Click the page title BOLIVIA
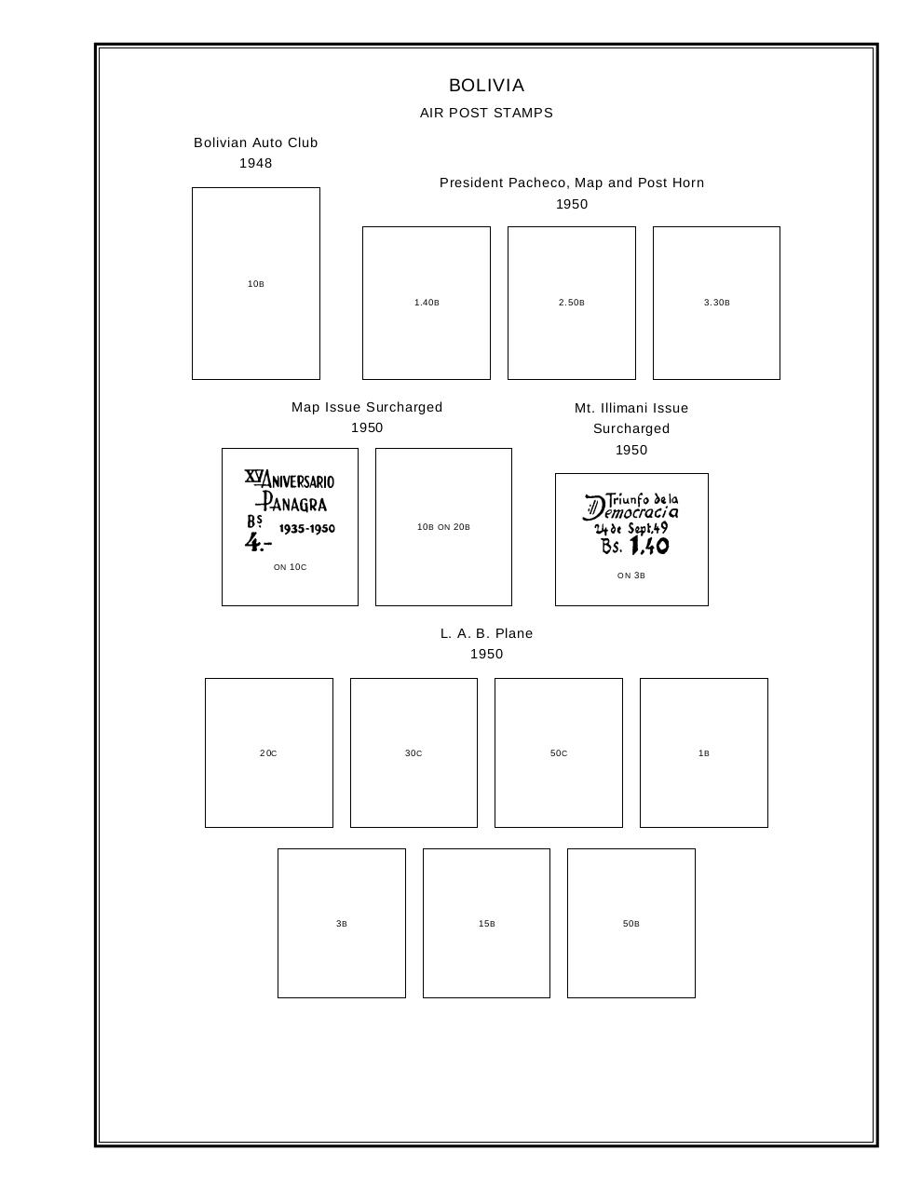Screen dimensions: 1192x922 tap(486, 86)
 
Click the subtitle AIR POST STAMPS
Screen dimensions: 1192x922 tap(486, 113)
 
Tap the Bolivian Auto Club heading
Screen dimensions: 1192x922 tap(255, 142)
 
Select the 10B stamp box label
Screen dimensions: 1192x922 tap(255, 284)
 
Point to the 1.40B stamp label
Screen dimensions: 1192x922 tap(427, 303)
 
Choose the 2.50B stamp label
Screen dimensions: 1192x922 tap(571, 303)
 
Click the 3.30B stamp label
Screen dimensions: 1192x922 tap(716, 303)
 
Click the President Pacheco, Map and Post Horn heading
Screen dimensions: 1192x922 tap(571, 183)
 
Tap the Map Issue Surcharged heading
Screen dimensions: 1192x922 tap(367, 407)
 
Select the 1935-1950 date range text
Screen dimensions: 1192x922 tap(306, 528)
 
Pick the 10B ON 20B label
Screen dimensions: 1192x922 tap(443, 527)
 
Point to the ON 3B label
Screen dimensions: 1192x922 tap(630, 576)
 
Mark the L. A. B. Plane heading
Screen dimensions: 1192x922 tap(486, 633)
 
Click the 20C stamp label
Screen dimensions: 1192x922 tap(268, 753)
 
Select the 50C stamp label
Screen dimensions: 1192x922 tap(558, 753)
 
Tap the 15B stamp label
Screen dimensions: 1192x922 tap(486, 924)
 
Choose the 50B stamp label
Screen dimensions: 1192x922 tap(630, 924)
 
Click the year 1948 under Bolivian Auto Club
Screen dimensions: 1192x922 tap(255, 163)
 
